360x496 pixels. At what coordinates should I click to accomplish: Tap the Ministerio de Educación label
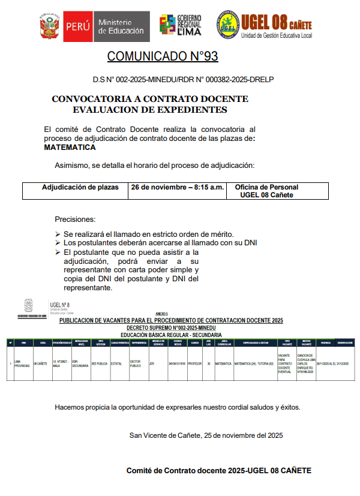tap(121, 26)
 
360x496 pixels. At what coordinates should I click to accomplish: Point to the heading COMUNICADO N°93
tap(162, 57)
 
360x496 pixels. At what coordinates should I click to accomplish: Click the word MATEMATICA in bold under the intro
tap(70, 148)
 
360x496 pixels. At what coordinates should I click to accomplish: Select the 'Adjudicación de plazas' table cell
tap(76, 187)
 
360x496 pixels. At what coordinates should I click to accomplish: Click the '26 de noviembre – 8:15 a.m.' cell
tap(178, 187)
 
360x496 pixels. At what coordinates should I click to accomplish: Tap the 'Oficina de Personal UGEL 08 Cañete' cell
tap(266, 191)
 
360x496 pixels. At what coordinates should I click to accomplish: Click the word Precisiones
tap(75, 220)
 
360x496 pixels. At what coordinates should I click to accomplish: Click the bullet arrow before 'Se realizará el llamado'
tap(58, 234)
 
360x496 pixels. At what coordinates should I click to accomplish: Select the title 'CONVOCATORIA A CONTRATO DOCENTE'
tap(149, 99)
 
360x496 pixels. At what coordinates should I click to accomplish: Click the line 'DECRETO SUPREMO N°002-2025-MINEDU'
tap(171, 329)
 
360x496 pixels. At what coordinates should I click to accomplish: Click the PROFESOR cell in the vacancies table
tap(195, 363)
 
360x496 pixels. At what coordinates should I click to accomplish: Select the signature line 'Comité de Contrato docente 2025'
tap(218, 471)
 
